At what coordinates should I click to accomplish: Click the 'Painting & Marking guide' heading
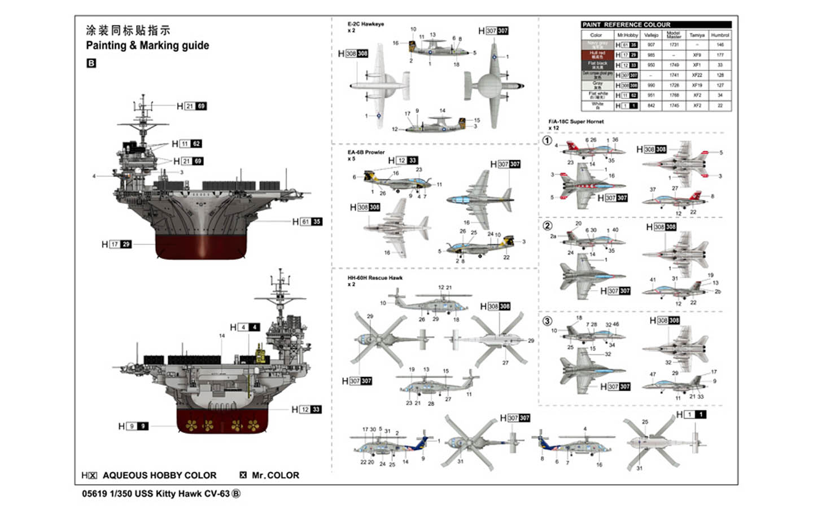point(147,46)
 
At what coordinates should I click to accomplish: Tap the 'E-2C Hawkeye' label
point(365,24)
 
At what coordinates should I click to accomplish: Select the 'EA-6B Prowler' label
point(366,152)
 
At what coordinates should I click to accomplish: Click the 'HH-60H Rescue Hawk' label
point(375,278)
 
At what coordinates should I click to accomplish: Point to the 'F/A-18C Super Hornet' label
point(576,121)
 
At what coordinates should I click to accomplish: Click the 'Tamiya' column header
point(697,35)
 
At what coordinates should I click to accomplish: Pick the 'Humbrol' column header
point(720,35)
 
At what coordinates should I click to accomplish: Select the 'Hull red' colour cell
point(597,55)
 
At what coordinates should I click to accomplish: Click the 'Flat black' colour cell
point(597,65)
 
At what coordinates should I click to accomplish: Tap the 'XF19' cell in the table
point(697,85)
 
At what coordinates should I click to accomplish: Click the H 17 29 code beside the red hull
point(117,244)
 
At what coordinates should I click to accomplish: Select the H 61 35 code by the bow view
point(308,222)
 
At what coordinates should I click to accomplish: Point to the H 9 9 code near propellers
point(133,426)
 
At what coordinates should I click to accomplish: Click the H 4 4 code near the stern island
point(245,327)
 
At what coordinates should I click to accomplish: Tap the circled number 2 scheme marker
point(547,226)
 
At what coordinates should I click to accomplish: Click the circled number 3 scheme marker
point(547,321)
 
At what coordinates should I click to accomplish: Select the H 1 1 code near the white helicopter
point(691,414)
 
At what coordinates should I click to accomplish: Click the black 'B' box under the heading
point(91,63)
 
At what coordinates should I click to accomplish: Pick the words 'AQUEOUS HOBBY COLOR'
point(159,475)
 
